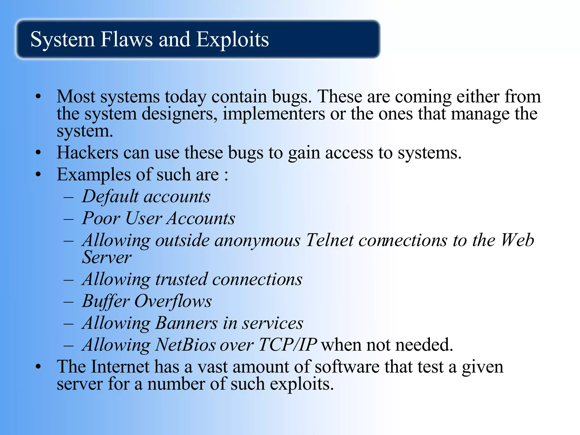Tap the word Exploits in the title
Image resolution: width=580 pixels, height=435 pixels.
232,40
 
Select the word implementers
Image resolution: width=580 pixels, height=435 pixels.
274,114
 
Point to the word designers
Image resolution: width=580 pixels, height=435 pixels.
180,114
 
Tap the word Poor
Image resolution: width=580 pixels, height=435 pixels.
101,218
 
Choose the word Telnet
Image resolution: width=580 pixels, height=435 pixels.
330,240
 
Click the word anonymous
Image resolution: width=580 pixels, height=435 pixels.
257,241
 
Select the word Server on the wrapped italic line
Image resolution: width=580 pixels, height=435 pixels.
106,257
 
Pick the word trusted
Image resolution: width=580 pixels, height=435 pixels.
181,279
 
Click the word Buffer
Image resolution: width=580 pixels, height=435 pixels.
106,301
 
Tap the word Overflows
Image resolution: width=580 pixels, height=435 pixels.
173,301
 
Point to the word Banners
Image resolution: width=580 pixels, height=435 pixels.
186,323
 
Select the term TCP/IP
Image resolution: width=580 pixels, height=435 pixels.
287,345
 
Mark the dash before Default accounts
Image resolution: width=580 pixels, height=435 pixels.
69,197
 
